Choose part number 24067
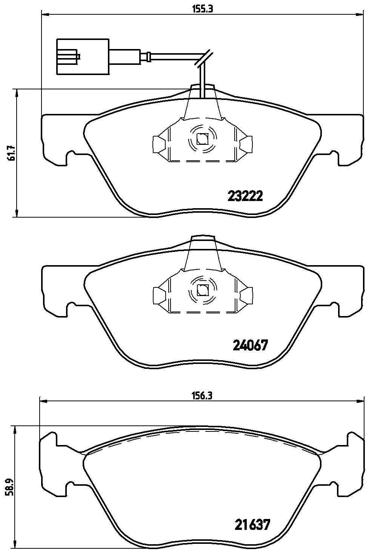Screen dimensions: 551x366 coord(250,345)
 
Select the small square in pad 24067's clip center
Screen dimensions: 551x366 coord(203,290)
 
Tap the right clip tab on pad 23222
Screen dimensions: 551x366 coord(247,144)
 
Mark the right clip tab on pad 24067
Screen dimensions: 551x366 coord(247,295)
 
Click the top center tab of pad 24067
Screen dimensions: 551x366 coord(203,239)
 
